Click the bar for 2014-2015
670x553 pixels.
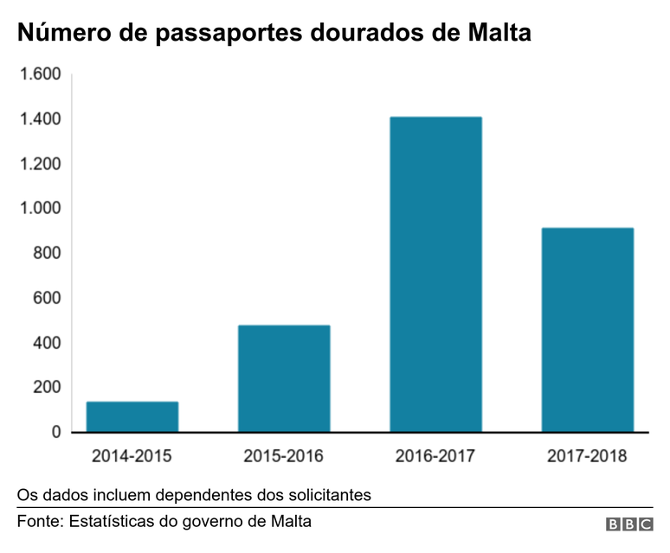pyautogui.click(x=132, y=416)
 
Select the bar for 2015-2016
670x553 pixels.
pyautogui.click(x=284, y=378)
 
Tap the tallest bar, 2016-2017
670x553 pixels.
pyautogui.click(x=435, y=274)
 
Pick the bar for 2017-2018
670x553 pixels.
pyautogui.click(x=588, y=330)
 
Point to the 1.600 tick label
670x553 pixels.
pyautogui.click(x=40, y=74)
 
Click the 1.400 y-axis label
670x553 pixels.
pyautogui.click(x=40, y=119)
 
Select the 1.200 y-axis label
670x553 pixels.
pyautogui.click(x=40, y=164)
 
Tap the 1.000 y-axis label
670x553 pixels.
pyautogui.click(x=40, y=209)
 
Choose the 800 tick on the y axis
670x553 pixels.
pyautogui.click(x=47, y=254)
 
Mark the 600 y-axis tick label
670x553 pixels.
pyautogui.click(x=47, y=298)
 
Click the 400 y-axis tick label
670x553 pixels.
pyautogui.click(x=47, y=343)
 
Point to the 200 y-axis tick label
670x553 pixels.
pyautogui.click(x=47, y=388)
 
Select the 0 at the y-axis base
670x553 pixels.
pyautogui.click(x=56, y=432)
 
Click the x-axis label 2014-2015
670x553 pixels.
pyautogui.click(x=132, y=455)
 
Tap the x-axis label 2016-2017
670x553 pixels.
pyautogui.click(x=435, y=455)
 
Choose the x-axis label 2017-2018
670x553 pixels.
pyautogui.click(x=588, y=455)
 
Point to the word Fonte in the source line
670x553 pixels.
pyautogui.click(x=38, y=522)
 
